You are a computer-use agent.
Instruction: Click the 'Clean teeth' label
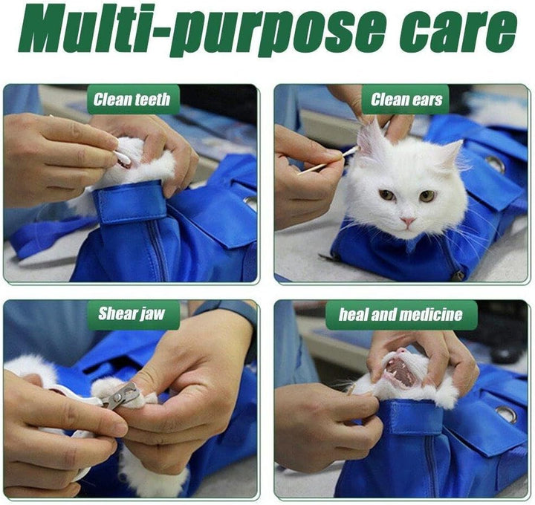tap(133, 100)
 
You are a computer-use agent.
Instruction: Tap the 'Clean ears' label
tap(406, 100)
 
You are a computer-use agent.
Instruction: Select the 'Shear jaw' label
tap(132, 313)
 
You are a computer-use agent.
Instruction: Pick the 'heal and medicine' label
tap(401, 315)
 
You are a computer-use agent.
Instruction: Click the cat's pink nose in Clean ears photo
tap(408, 221)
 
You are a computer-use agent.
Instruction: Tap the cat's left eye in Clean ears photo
tap(388, 195)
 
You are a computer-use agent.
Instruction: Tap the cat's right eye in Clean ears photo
tap(427, 196)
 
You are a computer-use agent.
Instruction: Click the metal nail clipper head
tap(121, 396)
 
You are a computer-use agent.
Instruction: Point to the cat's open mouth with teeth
tap(401, 371)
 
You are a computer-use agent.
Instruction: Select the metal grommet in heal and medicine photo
tap(507, 414)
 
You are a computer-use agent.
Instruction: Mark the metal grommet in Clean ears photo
tap(496, 164)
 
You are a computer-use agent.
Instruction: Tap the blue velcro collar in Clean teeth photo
tap(129, 202)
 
